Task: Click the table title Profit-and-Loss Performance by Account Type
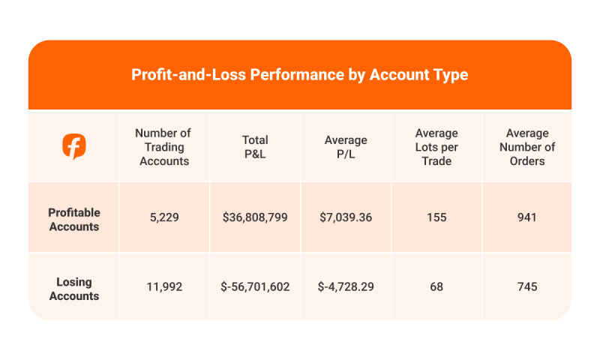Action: [300, 75]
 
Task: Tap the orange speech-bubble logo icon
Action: [73, 147]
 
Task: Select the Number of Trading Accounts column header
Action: [163, 147]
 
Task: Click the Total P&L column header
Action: [255, 147]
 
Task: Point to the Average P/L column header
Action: [346, 147]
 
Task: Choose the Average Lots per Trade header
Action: [436, 147]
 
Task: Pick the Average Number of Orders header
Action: [526, 147]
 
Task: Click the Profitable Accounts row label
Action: [73, 219]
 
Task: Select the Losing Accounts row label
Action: [73, 289]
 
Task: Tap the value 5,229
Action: [163, 218]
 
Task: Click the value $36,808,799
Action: [255, 218]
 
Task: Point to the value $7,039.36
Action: [346, 218]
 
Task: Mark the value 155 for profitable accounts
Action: [436, 218]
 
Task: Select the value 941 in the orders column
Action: [526, 218]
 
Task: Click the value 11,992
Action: [163, 287]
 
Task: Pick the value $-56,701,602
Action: [255, 287]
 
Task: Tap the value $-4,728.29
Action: [346, 287]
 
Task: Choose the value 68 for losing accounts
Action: [436, 287]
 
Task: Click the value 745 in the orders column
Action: [526, 287]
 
